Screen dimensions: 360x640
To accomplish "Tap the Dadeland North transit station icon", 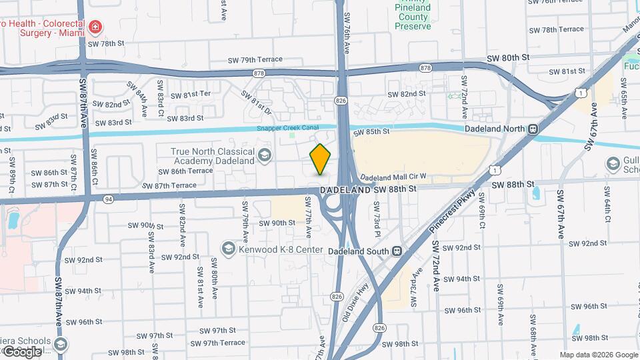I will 533,130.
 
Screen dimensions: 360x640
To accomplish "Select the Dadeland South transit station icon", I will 397,251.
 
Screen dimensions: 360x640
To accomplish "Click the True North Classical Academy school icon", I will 265,156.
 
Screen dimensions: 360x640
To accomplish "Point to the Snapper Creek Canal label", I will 288,128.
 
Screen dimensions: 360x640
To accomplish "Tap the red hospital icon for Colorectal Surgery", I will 97,27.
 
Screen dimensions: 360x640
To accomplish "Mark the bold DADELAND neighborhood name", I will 345,190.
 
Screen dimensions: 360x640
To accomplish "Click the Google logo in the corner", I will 22,351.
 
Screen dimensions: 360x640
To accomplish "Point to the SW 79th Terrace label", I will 255,59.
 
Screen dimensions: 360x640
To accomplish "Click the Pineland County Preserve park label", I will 413,17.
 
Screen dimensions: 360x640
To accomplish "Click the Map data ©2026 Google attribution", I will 598,355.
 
